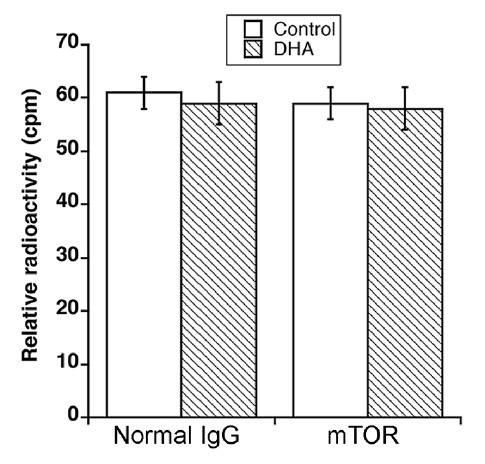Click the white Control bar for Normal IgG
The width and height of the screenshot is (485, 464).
(144, 254)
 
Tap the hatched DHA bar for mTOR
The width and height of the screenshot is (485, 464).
(405, 263)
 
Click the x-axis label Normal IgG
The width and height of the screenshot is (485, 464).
(176, 436)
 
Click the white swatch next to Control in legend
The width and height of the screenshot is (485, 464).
(253, 29)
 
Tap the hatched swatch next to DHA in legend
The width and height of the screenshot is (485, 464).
(253, 49)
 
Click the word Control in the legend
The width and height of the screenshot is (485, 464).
(304, 29)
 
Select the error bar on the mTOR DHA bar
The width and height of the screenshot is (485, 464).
(405, 108)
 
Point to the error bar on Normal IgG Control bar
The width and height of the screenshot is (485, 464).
(144, 92)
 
